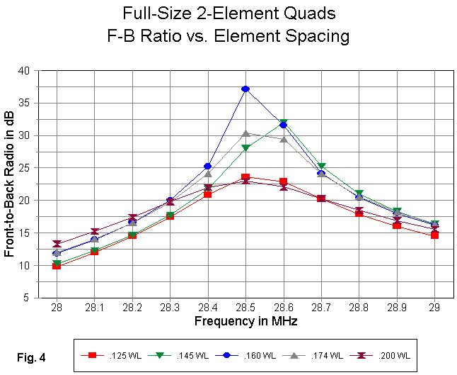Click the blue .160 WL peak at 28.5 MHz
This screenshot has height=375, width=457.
pyautogui.click(x=245, y=89)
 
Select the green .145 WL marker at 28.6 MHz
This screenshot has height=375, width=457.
pyautogui.click(x=283, y=123)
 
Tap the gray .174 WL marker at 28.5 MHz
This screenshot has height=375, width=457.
pyautogui.click(x=245, y=133)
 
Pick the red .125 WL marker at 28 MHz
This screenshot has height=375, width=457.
pyautogui.click(x=56, y=266)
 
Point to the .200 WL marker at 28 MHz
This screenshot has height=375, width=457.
pyautogui.click(x=56, y=244)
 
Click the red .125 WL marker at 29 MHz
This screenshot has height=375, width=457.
pyautogui.click(x=434, y=235)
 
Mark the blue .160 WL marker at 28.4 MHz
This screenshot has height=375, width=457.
pyautogui.click(x=207, y=167)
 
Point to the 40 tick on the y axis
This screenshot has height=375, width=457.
pyautogui.click(x=24, y=71)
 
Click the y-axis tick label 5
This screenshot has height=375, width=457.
pyautogui.click(x=27, y=298)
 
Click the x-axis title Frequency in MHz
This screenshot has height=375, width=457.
pyautogui.click(x=245, y=321)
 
